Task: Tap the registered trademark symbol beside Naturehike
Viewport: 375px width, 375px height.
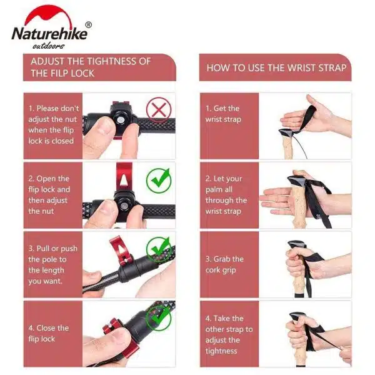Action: [x=89, y=25]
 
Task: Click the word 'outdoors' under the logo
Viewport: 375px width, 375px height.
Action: [x=49, y=46]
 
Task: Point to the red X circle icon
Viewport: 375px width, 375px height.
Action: [x=159, y=111]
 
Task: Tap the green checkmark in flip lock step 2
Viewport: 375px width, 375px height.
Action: [x=159, y=180]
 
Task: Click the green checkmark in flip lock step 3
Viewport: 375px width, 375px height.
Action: [x=159, y=249]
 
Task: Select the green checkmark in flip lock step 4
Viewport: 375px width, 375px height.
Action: [x=159, y=319]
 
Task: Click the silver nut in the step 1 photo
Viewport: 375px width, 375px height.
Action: [x=119, y=120]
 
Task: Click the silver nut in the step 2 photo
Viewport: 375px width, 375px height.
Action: [x=124, y=206]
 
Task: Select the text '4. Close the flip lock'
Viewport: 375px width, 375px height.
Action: [x=49, y=333]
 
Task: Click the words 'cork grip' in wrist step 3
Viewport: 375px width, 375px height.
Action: [x=221, y=270]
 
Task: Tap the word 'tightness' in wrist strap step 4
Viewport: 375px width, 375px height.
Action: [x=221, y=351]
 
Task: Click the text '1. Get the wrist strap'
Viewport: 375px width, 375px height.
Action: [x=223, y=114]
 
